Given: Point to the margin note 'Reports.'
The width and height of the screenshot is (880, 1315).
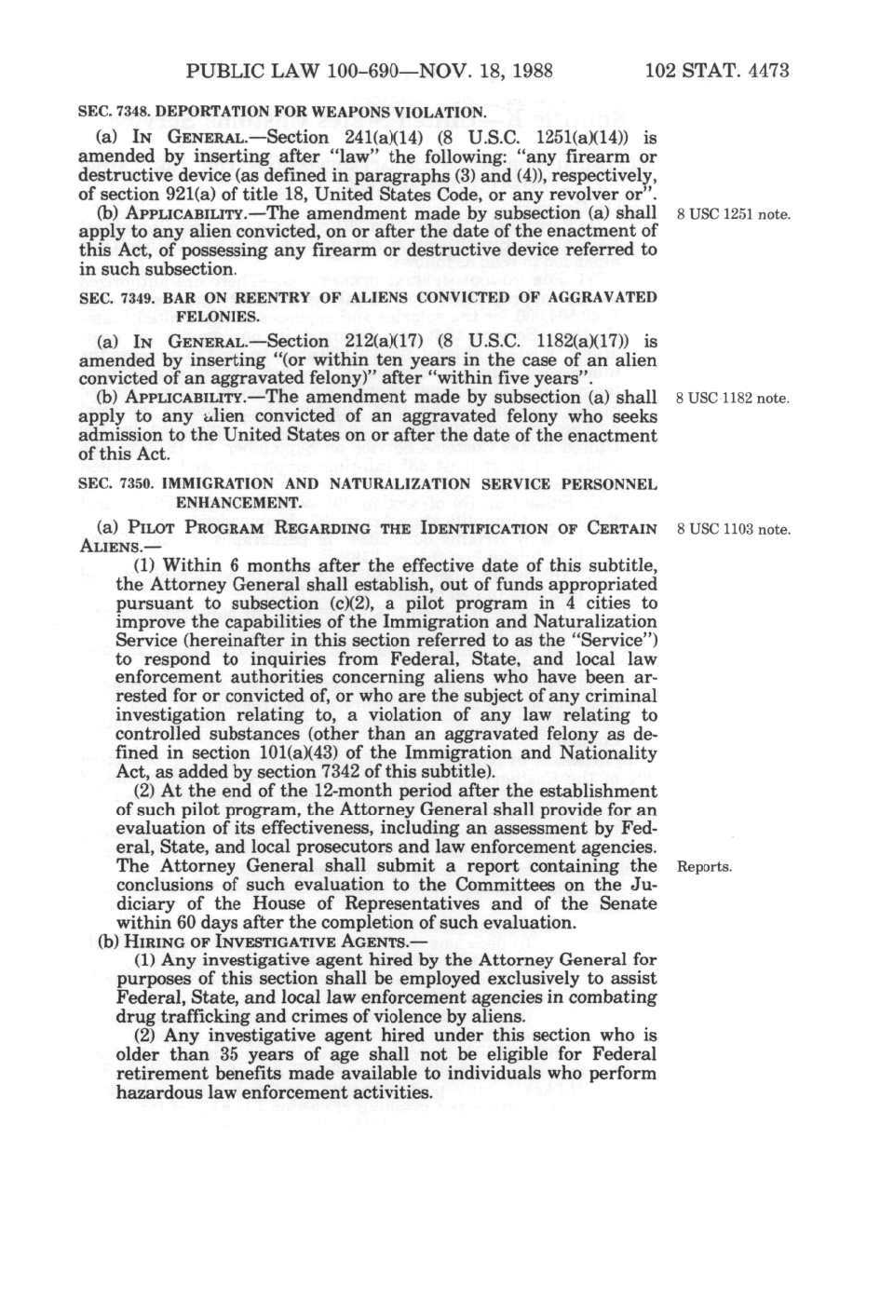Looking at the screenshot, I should (x=705, y=867).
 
